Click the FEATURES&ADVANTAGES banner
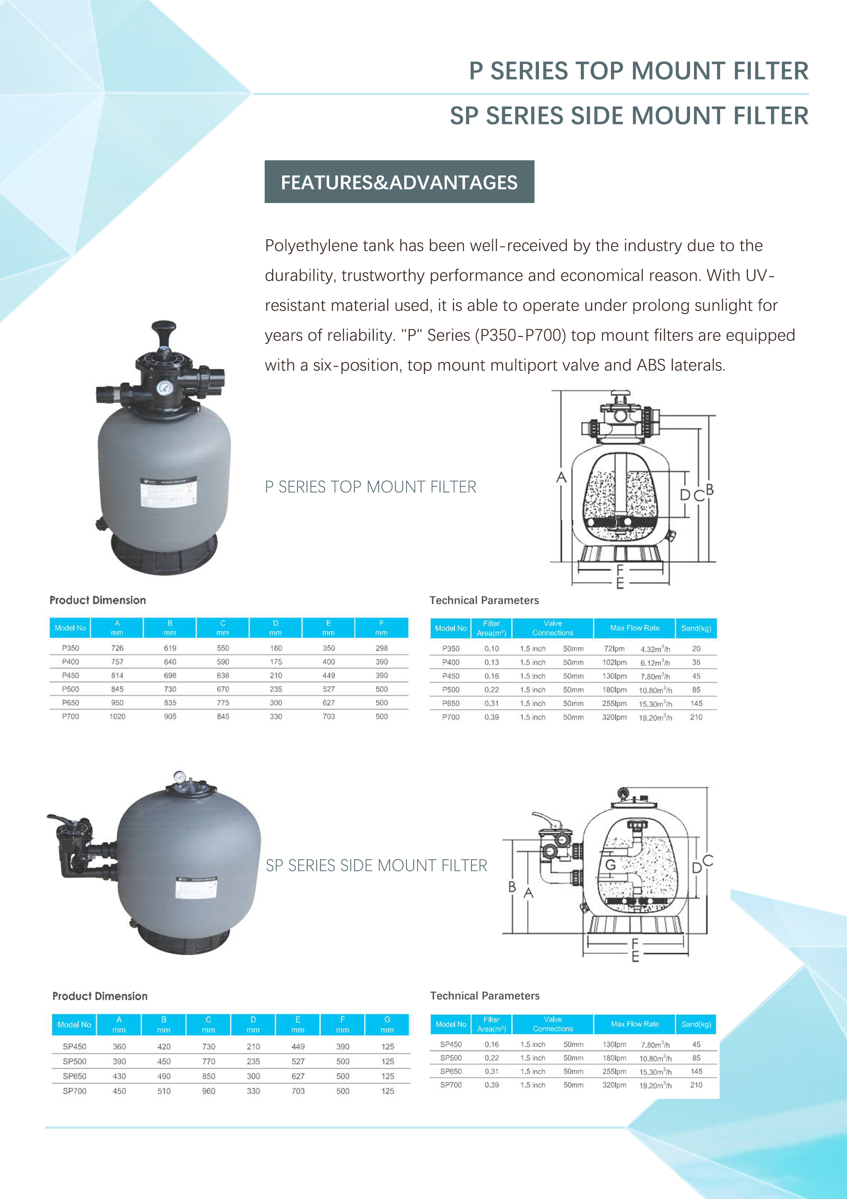(x=399, y=182)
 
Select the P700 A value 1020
(x=117, y=716)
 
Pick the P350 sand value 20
(x=696, y=649)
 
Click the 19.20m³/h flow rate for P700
(x=655, y=717)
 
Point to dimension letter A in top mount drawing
(x=561, y=477)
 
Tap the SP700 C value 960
(x=209, y=1091)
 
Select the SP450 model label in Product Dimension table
(x=75, y=1047)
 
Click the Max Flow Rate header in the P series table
(x=635, y=628)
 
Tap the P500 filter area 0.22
(x=491, y=690)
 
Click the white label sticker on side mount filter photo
(x=196, y=888)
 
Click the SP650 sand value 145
(x=696, y=1071)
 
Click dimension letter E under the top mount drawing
(x=620, y=584)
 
